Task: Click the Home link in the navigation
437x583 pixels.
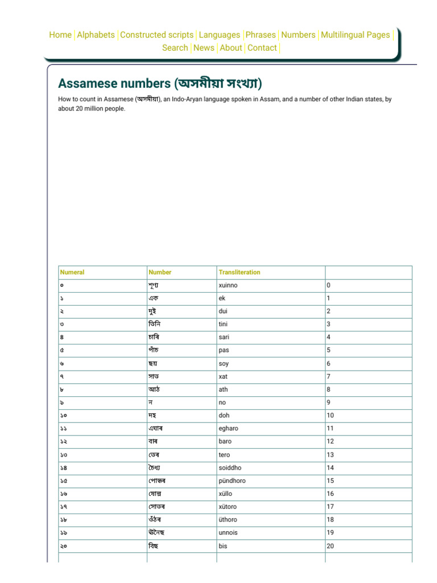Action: pos(60,35)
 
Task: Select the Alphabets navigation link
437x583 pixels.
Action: pos(96,35)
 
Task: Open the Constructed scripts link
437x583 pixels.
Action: pos(157,35)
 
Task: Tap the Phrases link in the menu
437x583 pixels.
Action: pos(261,35)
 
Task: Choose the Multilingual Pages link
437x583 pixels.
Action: pos(356,35)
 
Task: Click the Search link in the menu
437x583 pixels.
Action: pos(175,48)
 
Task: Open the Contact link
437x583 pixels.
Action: pos(262,48)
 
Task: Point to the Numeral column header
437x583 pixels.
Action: pos(72,272)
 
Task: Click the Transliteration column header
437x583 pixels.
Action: pos(239,272)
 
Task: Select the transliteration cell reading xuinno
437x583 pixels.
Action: pos(228,285)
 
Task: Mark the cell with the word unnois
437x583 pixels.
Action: pos(228,533)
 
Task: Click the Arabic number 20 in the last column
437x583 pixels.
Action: pos(330,546)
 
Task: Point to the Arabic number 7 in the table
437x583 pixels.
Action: pos(328,376)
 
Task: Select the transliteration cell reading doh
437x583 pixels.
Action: pos(224,416)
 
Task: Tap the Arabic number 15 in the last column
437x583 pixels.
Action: pos(330,481)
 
